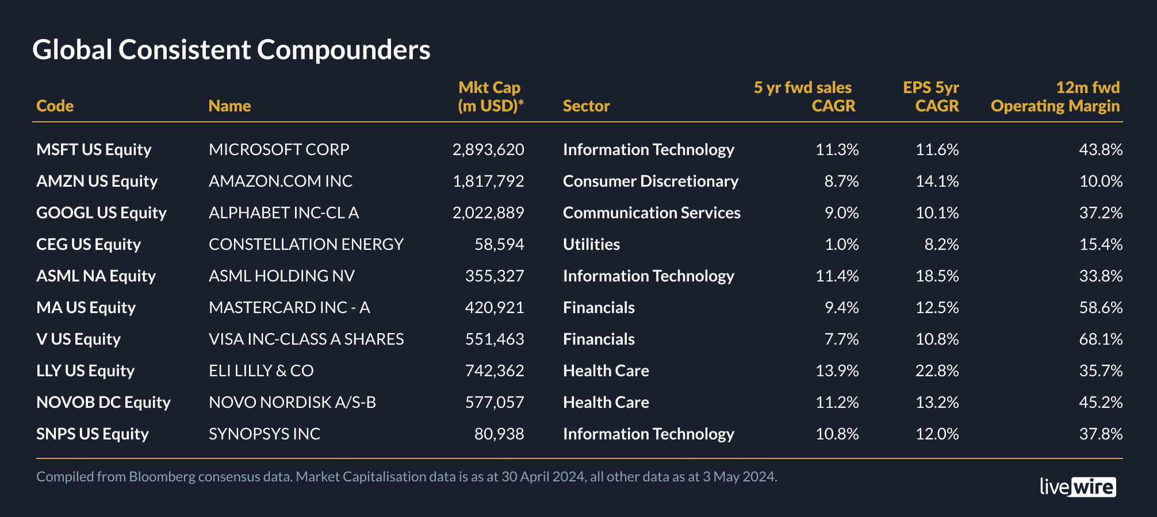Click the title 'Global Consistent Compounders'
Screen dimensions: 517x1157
pyautogui.click(x=231, y=50)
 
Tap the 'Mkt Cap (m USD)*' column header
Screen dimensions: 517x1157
pyautogui.click(x=490, y=97)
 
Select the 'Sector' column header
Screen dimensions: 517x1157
pyautogui.click(x=586, y=106)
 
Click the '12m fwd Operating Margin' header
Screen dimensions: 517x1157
pyautogui.click(x=1055, y=97)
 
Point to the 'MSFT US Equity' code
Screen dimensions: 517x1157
pyautogui.click(x=94, y=149)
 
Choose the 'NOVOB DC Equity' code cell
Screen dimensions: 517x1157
pyautogui.click(x=104, y=402)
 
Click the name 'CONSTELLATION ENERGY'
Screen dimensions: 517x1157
pyautogui.click(x=306, y=244)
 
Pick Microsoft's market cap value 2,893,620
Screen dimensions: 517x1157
pyautogui.click(x=488, y=149)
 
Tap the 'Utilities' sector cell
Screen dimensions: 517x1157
pyautogui.click(x=591, y=244)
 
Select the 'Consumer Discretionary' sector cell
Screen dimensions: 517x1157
pyautogui.click(x=650, y=181)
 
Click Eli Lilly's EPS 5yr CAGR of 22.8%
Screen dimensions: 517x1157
pyautogui.click(x=937, y=371)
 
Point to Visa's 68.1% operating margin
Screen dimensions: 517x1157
pyautogui.click(x=1101, y=339)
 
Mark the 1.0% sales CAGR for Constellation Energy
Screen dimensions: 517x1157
pyautogui.click(x=841, y=244)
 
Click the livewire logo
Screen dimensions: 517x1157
pyautogui.click(x=1078, y=487)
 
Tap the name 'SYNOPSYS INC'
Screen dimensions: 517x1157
pyautogui.click(x=265, y=434)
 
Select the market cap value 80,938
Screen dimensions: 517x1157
pyautogui.click(x=499, y=434)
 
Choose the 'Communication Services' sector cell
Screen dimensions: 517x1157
pyautogui.click(x=652, y=213)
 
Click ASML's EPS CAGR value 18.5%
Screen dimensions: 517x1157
pyautogui.click(x=937, y=276)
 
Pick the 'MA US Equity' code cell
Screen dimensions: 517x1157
pyautogui.click(x=86, y=307)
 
